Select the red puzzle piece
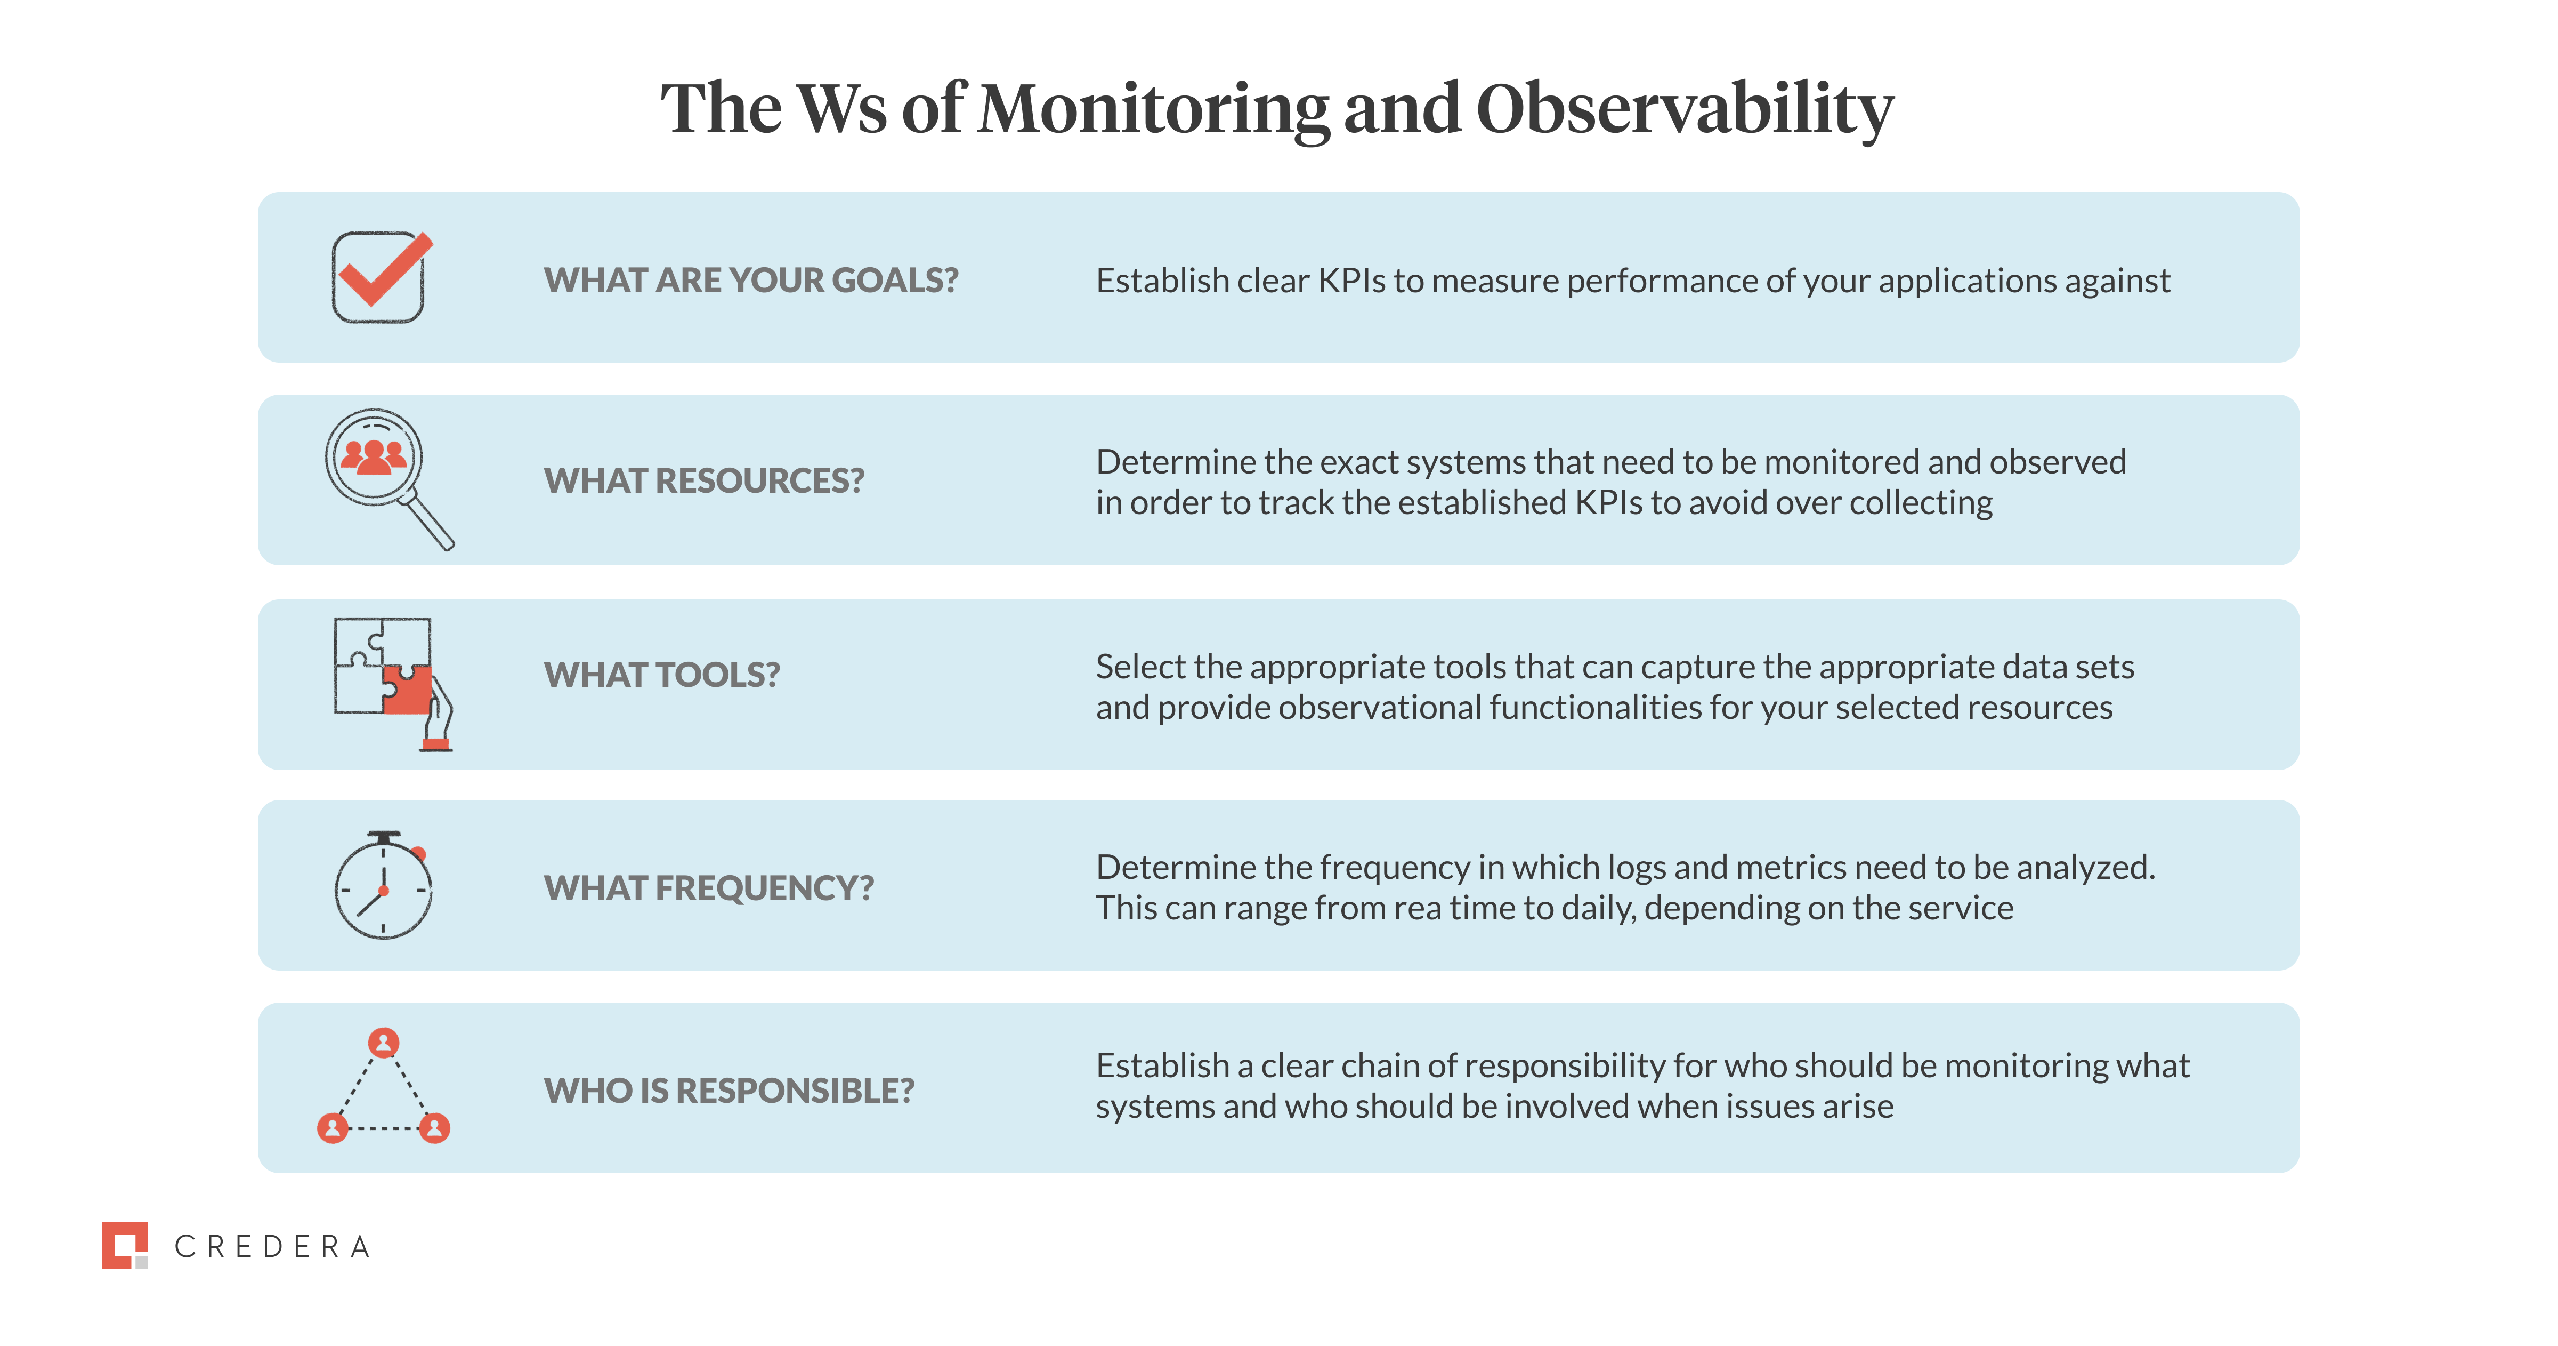(407, 691)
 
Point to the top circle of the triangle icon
(383, 1042)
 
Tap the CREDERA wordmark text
(272, 1247)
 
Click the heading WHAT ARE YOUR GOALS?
(751, 280)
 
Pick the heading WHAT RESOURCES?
(704, 481)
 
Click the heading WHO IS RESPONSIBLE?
(729, 1091)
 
